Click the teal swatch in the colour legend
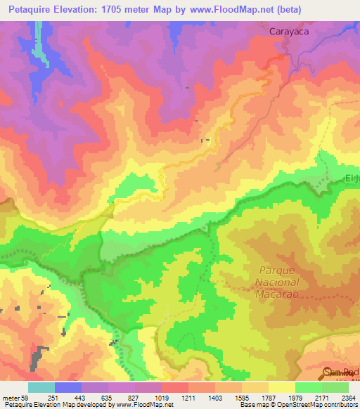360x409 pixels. click(x=41, y=387)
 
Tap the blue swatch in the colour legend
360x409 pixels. click(x=68, y=387)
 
